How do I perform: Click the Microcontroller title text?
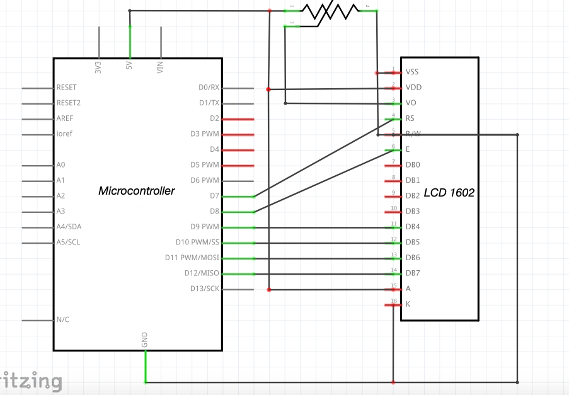136,190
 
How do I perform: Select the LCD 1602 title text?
449,193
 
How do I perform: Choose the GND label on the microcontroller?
145,341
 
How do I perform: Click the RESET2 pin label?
68,103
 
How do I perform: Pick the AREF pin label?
65,118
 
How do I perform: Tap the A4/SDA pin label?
68,227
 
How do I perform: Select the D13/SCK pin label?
205,289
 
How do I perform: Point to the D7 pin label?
214,196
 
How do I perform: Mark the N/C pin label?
63,319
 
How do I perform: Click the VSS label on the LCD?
412,72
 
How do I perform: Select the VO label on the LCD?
410,103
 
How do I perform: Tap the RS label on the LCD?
410,118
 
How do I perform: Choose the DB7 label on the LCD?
413,273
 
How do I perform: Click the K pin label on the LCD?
408,304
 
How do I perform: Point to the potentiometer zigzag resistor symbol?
329,11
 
